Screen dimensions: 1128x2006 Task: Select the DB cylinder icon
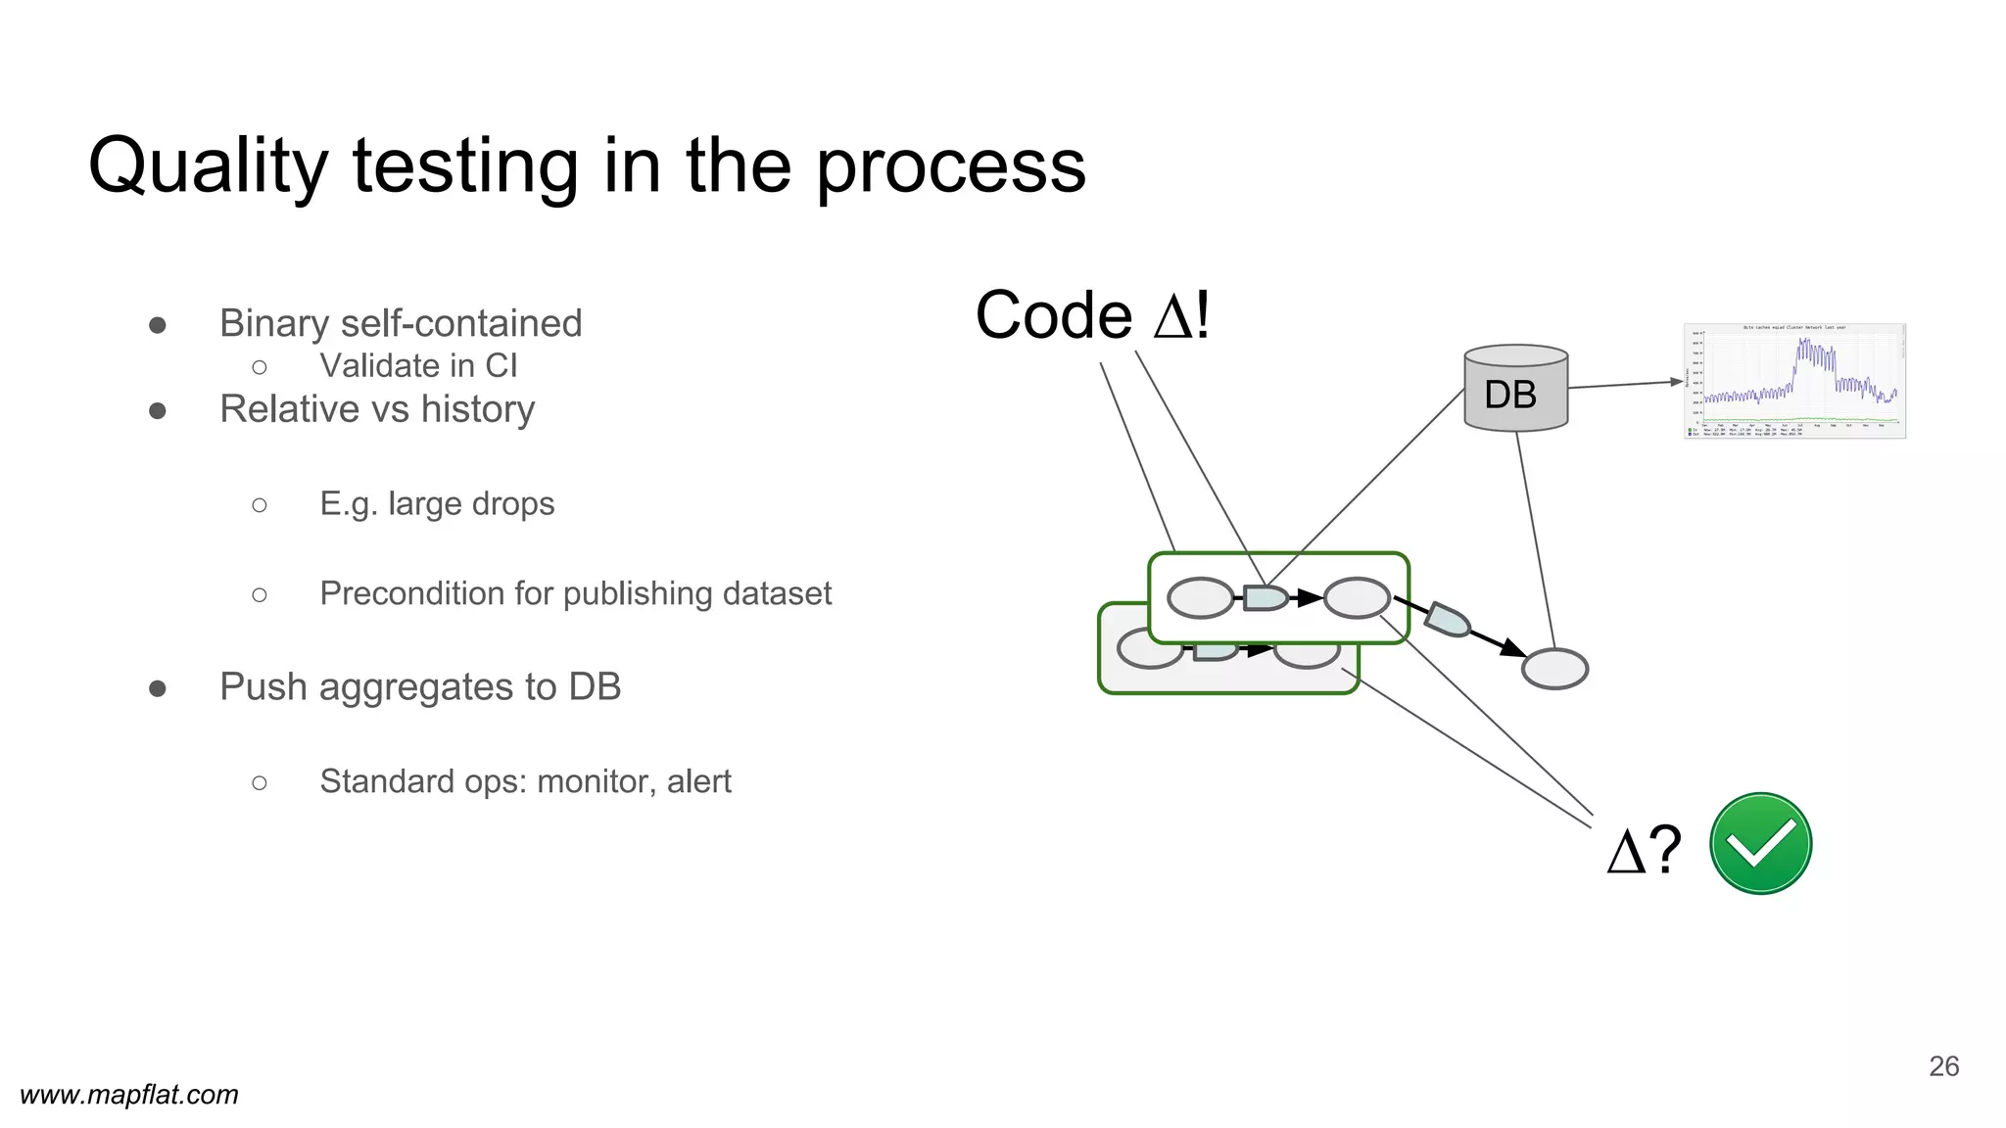pos(1515,390)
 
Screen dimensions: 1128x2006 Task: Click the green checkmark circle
pos(1760,843)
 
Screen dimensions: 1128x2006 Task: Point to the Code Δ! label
pos(1092,315)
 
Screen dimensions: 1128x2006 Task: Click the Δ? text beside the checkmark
pos(1645,849)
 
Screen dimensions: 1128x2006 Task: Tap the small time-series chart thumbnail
pos(1794,381)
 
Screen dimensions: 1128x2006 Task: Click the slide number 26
pos(1943,1065)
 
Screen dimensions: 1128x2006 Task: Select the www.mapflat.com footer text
pos(129,1094)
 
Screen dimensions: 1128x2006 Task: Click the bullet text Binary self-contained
pos(401,323)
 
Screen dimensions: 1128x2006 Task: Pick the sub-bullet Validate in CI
pos(418,365)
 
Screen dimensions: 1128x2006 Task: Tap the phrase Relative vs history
pos(377,408)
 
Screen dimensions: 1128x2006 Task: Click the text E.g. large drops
pos(437,503)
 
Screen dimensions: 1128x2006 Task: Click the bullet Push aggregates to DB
pos(420,686)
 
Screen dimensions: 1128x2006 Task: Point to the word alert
pos(698,781)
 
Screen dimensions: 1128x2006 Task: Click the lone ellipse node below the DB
pos(1554,669)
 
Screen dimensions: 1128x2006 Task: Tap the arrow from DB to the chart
pos(1626,385)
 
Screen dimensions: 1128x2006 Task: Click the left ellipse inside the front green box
pos(1200,597)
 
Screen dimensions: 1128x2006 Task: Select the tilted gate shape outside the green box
pos(1447,620)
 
